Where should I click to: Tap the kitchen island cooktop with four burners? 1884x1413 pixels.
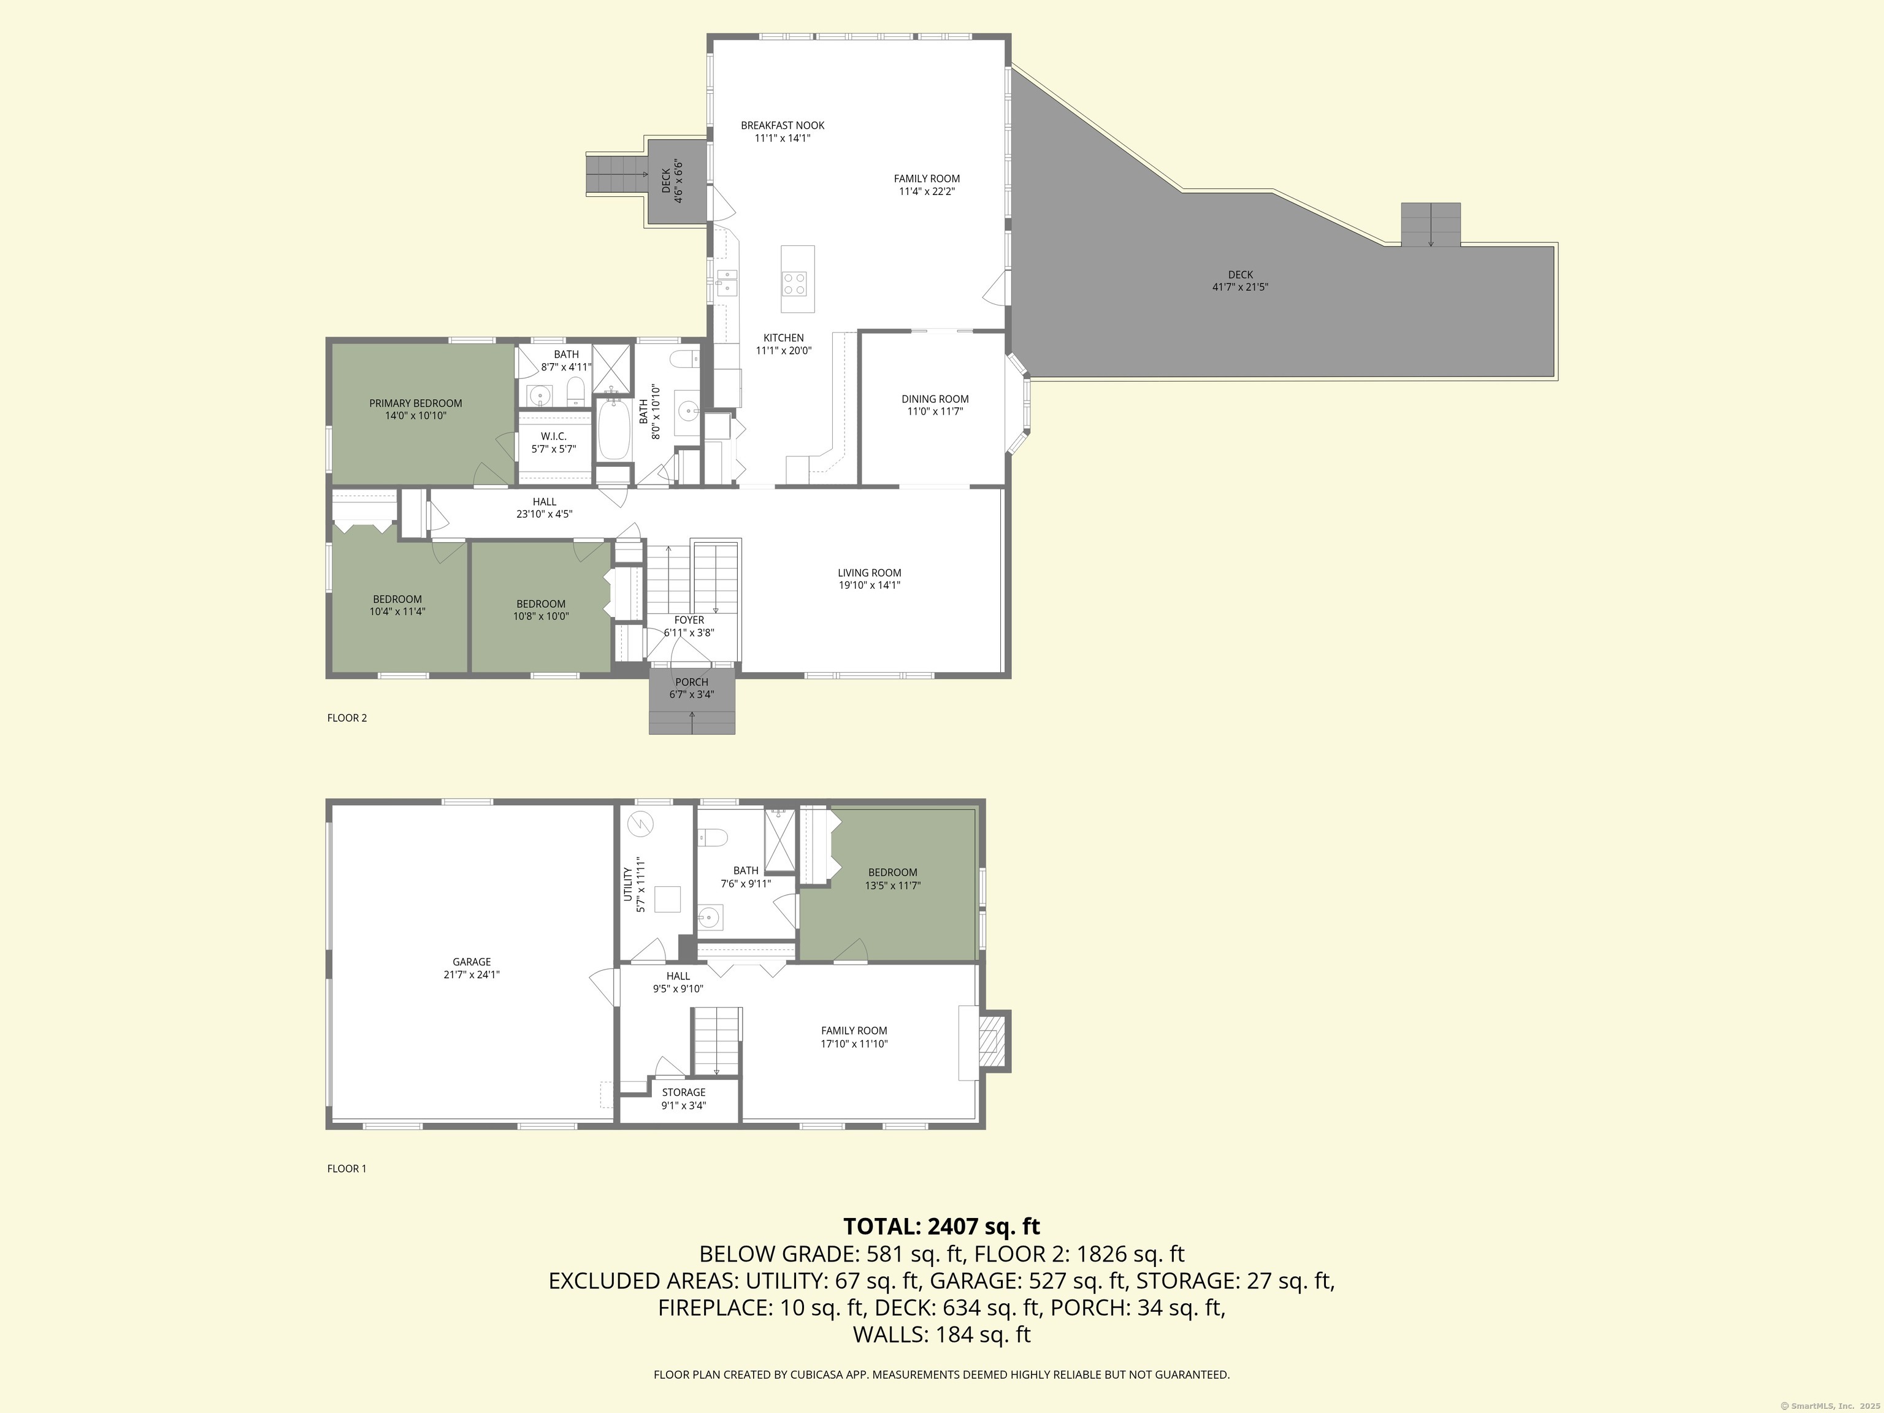click(x=795, y=283)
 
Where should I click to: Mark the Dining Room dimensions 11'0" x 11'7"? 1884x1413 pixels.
click(x=935, y=412)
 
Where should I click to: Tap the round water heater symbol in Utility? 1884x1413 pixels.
click(x=640, y=824)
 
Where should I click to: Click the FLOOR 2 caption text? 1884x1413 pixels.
click(x=347, y=718)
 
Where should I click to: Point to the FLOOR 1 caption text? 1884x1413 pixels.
click(x=347, y=1168)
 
